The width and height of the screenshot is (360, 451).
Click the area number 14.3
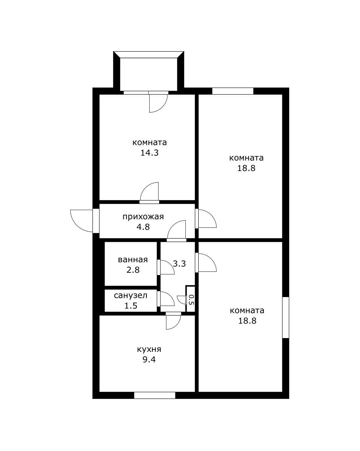click(x=149, y=153)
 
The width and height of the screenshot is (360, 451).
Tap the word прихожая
click(x=143, y=217)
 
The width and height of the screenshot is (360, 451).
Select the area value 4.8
click(x=143, y=227)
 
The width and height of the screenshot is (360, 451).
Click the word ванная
click(x=133, y=260)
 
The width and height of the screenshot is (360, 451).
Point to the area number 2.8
click(x=133, y=270)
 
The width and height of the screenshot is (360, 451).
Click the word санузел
click(x=131, y=295)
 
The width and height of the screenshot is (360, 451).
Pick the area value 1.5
click(x=131, y=306)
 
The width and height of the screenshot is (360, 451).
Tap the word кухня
click(x=149, y=349)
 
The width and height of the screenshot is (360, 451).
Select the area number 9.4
click(x=149, y=360)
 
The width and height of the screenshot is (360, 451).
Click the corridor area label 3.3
click(x=180, y=264)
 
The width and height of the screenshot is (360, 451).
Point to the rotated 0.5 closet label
click(x=191, y=299)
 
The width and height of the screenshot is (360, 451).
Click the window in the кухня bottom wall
click(x=155, y=395)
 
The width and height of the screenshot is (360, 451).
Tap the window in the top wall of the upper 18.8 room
click(x=233, y=91)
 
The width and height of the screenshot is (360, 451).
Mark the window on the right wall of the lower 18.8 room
click(x=286, y=317)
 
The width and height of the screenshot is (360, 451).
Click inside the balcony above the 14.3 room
click(x=149, y=75)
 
